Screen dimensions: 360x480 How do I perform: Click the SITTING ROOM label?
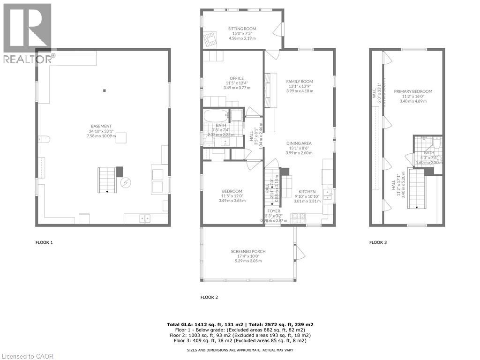[242, 29]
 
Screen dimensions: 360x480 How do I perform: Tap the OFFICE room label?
[237, 78]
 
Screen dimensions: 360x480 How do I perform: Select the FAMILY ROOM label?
[300, 82]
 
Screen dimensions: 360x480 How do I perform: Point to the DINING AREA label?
[300, 143]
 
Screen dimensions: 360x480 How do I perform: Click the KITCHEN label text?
[307, 191]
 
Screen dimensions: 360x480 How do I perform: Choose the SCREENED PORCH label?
[248, 252]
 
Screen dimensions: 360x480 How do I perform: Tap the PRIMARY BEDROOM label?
[413, 91]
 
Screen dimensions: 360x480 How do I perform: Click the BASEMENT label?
[101, 126]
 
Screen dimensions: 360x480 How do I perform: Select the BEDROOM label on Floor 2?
[232, 191]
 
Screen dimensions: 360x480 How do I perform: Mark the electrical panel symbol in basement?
[126, 182]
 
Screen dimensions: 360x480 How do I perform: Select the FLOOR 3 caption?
[378, 242]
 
